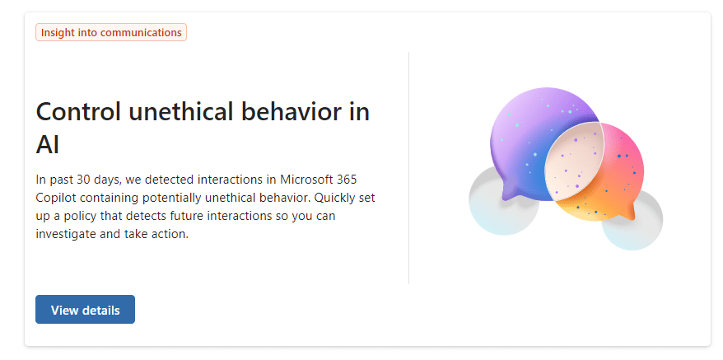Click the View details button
[85, 309]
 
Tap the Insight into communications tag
[111, 32]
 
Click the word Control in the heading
[78, 111]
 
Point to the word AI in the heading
[48, 145]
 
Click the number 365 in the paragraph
[347, 179]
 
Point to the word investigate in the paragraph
[63, 234]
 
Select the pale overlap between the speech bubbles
[573, 161]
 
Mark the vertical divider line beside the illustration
[408, 168]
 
